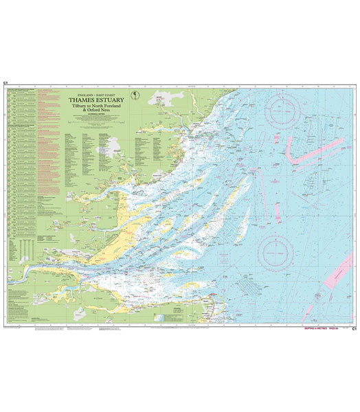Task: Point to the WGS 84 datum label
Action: [x=337, y=328]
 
